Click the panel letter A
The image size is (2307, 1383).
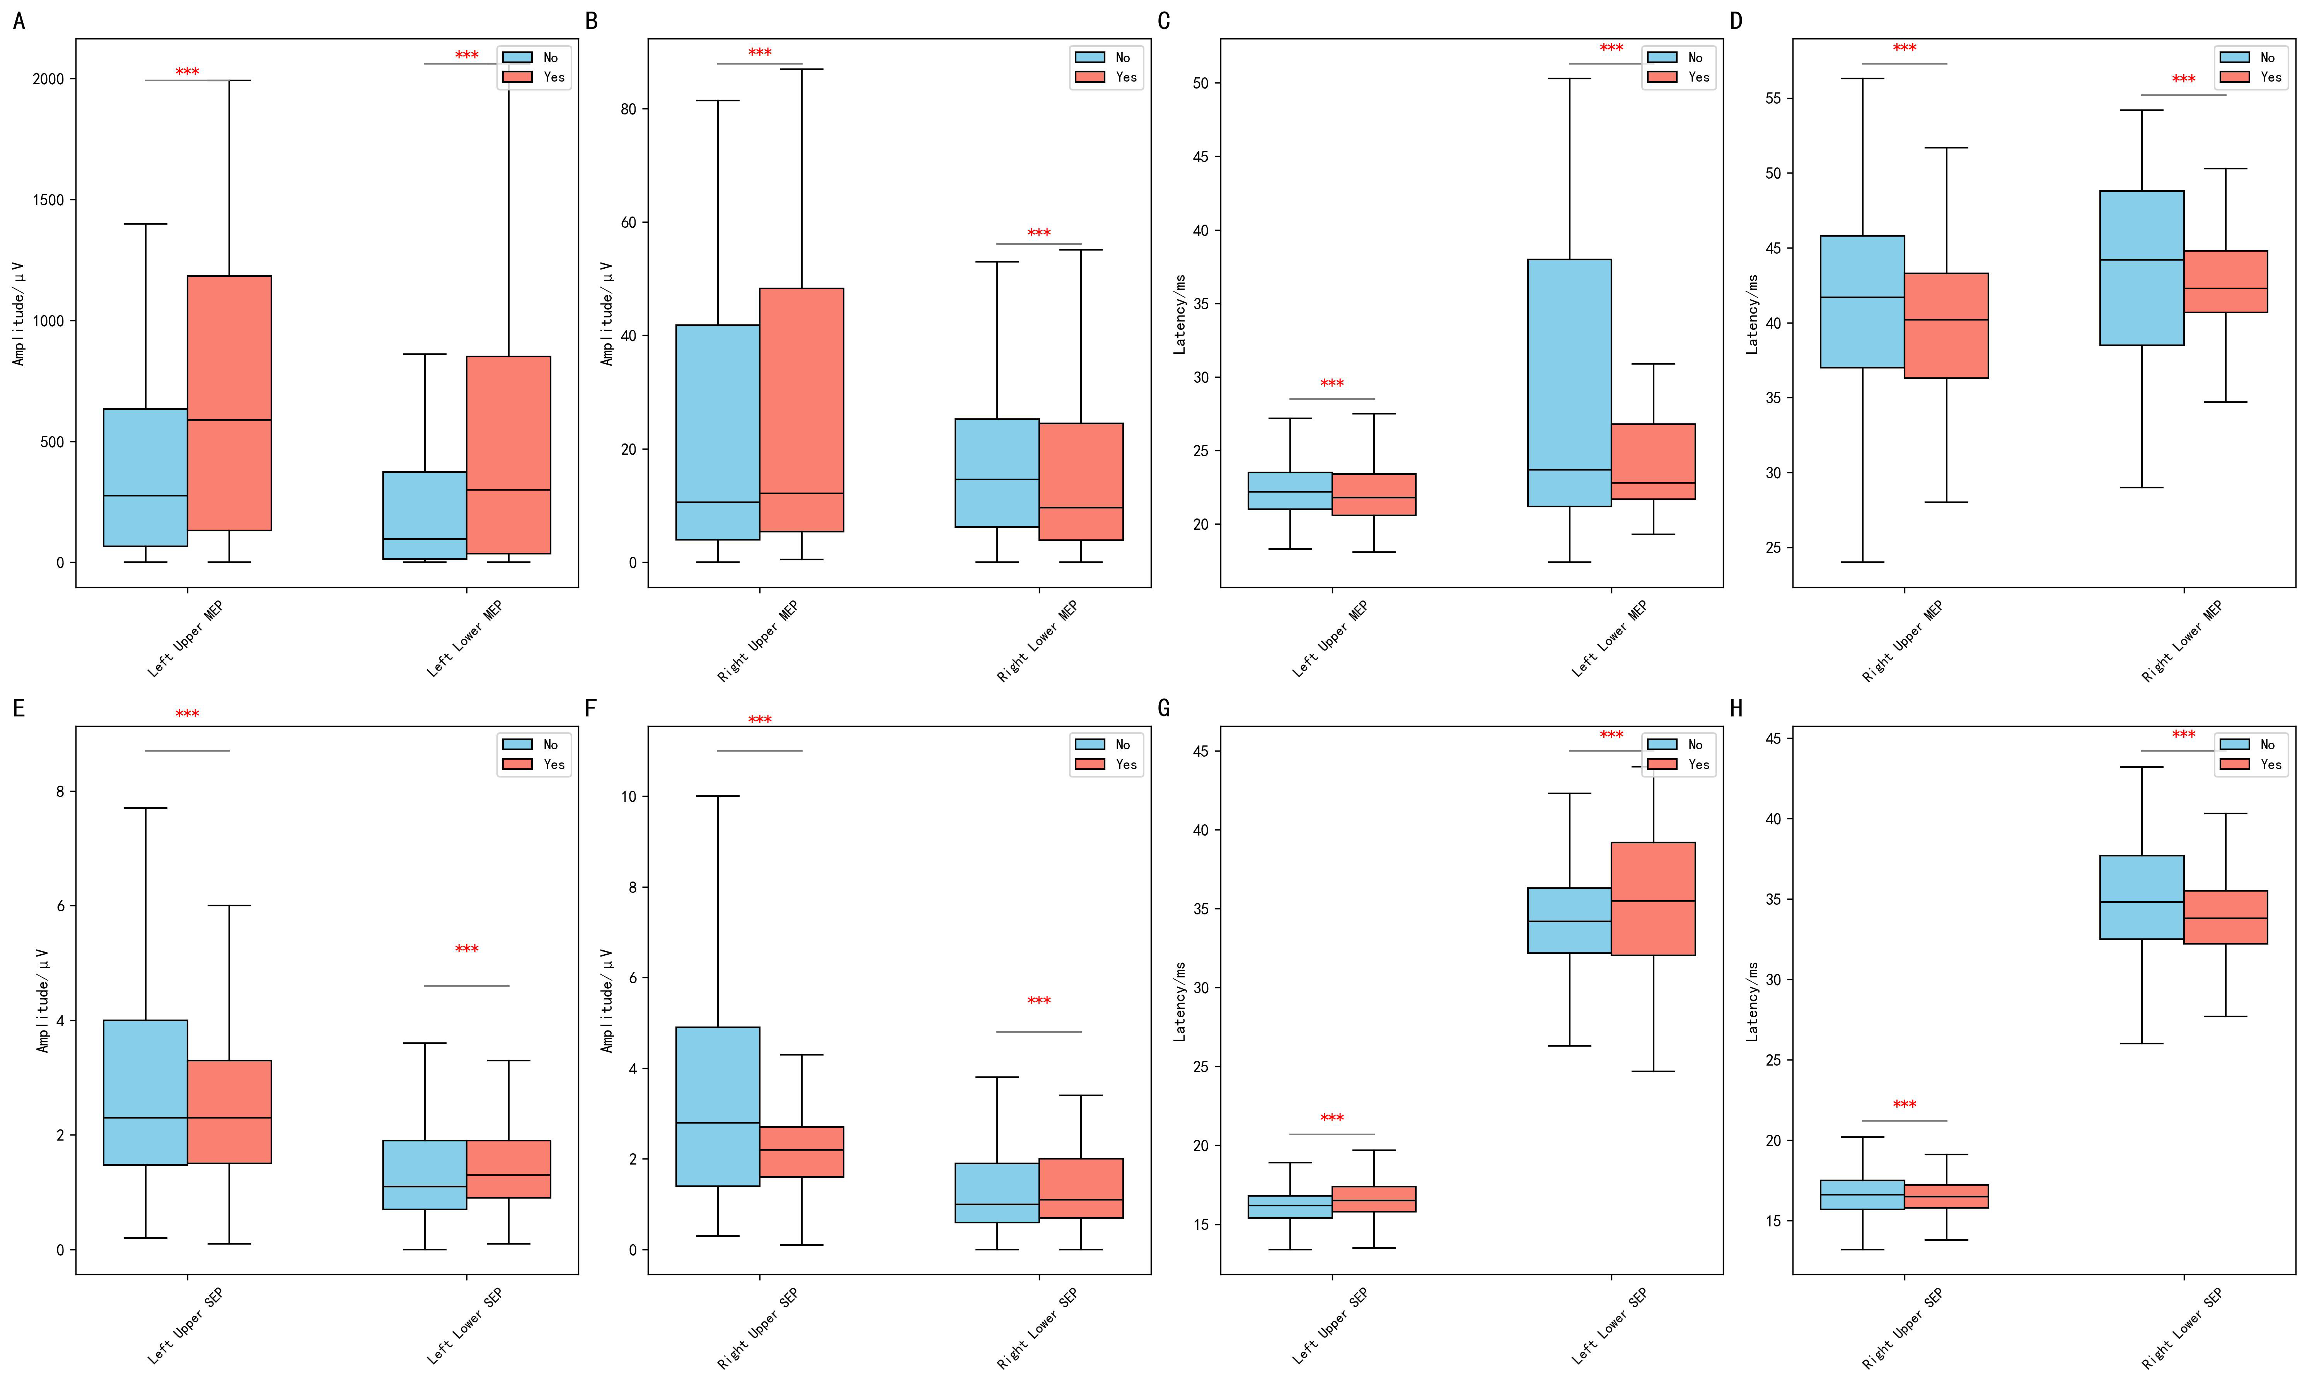pos(19,20)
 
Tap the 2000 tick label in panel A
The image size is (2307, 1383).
pos(48,79)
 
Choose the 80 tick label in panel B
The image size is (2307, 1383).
pos(629,109)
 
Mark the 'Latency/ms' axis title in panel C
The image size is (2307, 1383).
pos(1180,314)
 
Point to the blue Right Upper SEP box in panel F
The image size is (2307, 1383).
pos(718,1106)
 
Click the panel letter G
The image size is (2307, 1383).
pos(1164,708)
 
